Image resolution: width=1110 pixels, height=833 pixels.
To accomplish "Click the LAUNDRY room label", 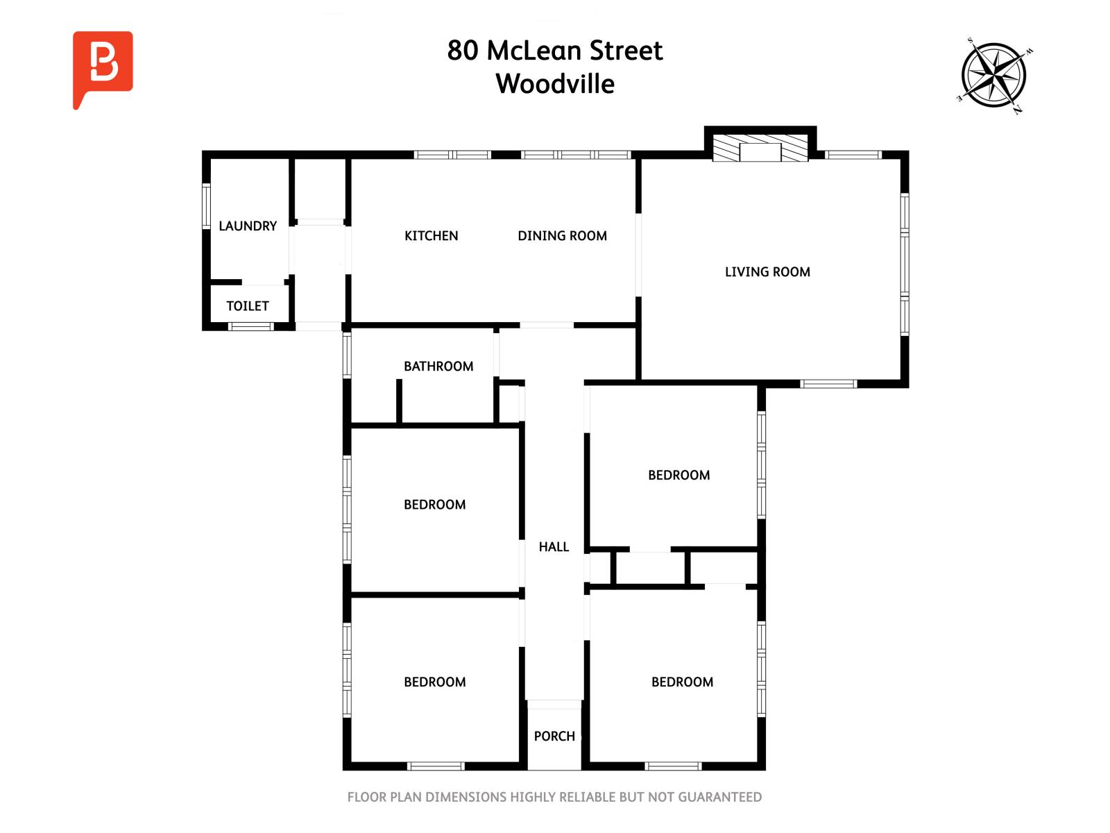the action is pyautogui.click(x=247, y=226).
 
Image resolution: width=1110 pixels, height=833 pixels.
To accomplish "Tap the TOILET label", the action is pyautogui.click(x=247, y=306).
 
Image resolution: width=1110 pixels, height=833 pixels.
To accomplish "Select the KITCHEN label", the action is pyautogui.click(x=431, y=236).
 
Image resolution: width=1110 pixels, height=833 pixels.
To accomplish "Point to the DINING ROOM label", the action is pyautogui.click(x=562, y=236).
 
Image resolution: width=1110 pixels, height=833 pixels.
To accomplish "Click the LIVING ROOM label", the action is pyautogui.click(x=767, y=272).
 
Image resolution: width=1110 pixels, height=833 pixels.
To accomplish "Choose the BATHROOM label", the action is pyautogui.click(x=438, y=367).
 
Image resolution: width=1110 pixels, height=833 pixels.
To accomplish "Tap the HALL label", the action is pyautogui.click(x=554, y=547).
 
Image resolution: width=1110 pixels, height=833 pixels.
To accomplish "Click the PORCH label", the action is pyautogui.click(x=554, y=737).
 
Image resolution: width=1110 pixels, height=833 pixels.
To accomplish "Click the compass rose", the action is pyautogui.click(x=993, y=76).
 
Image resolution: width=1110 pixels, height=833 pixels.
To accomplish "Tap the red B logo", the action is pyautogui.click(x=103, y=68).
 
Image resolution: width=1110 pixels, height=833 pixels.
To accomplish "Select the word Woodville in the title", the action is pyautogui.click(x=555, y=84).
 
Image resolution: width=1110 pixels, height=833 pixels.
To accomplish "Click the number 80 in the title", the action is pyautogui.click(x=462, y=51).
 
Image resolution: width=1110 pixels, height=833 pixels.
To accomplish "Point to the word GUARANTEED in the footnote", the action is pyautogui.click(x=719, y=797).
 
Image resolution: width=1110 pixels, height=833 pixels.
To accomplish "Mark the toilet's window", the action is pyautogui.click(x=251, y=326).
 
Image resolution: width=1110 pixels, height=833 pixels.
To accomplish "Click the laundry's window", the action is pyautogui.click(x=206, y=206).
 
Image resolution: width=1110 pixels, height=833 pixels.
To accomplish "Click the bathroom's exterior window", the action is pyautogui.click(x=347, y=355).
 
